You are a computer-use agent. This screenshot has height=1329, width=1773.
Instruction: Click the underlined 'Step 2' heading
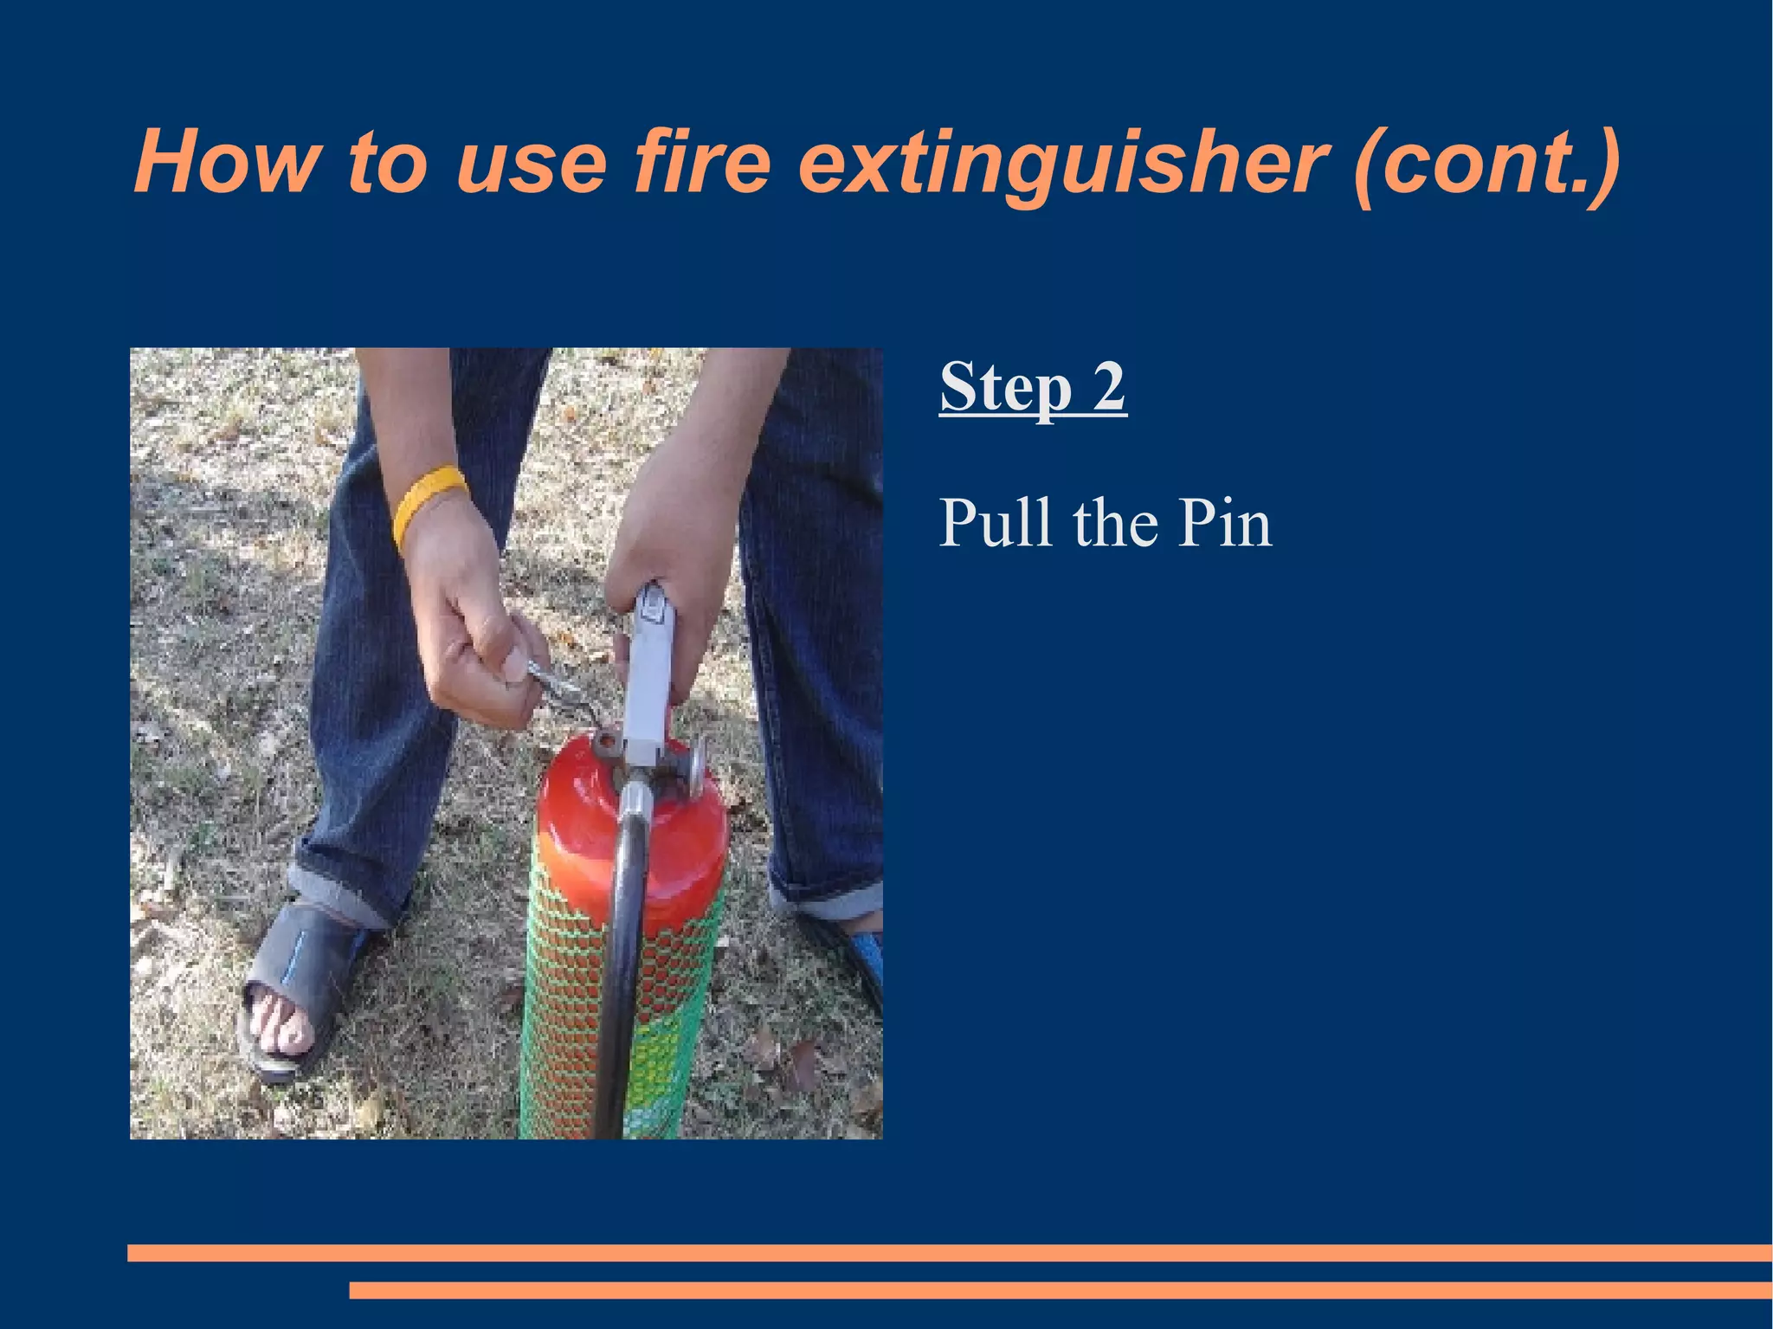coord(1033,386)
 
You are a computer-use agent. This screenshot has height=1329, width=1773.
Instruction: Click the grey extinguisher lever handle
coord(652,667)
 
